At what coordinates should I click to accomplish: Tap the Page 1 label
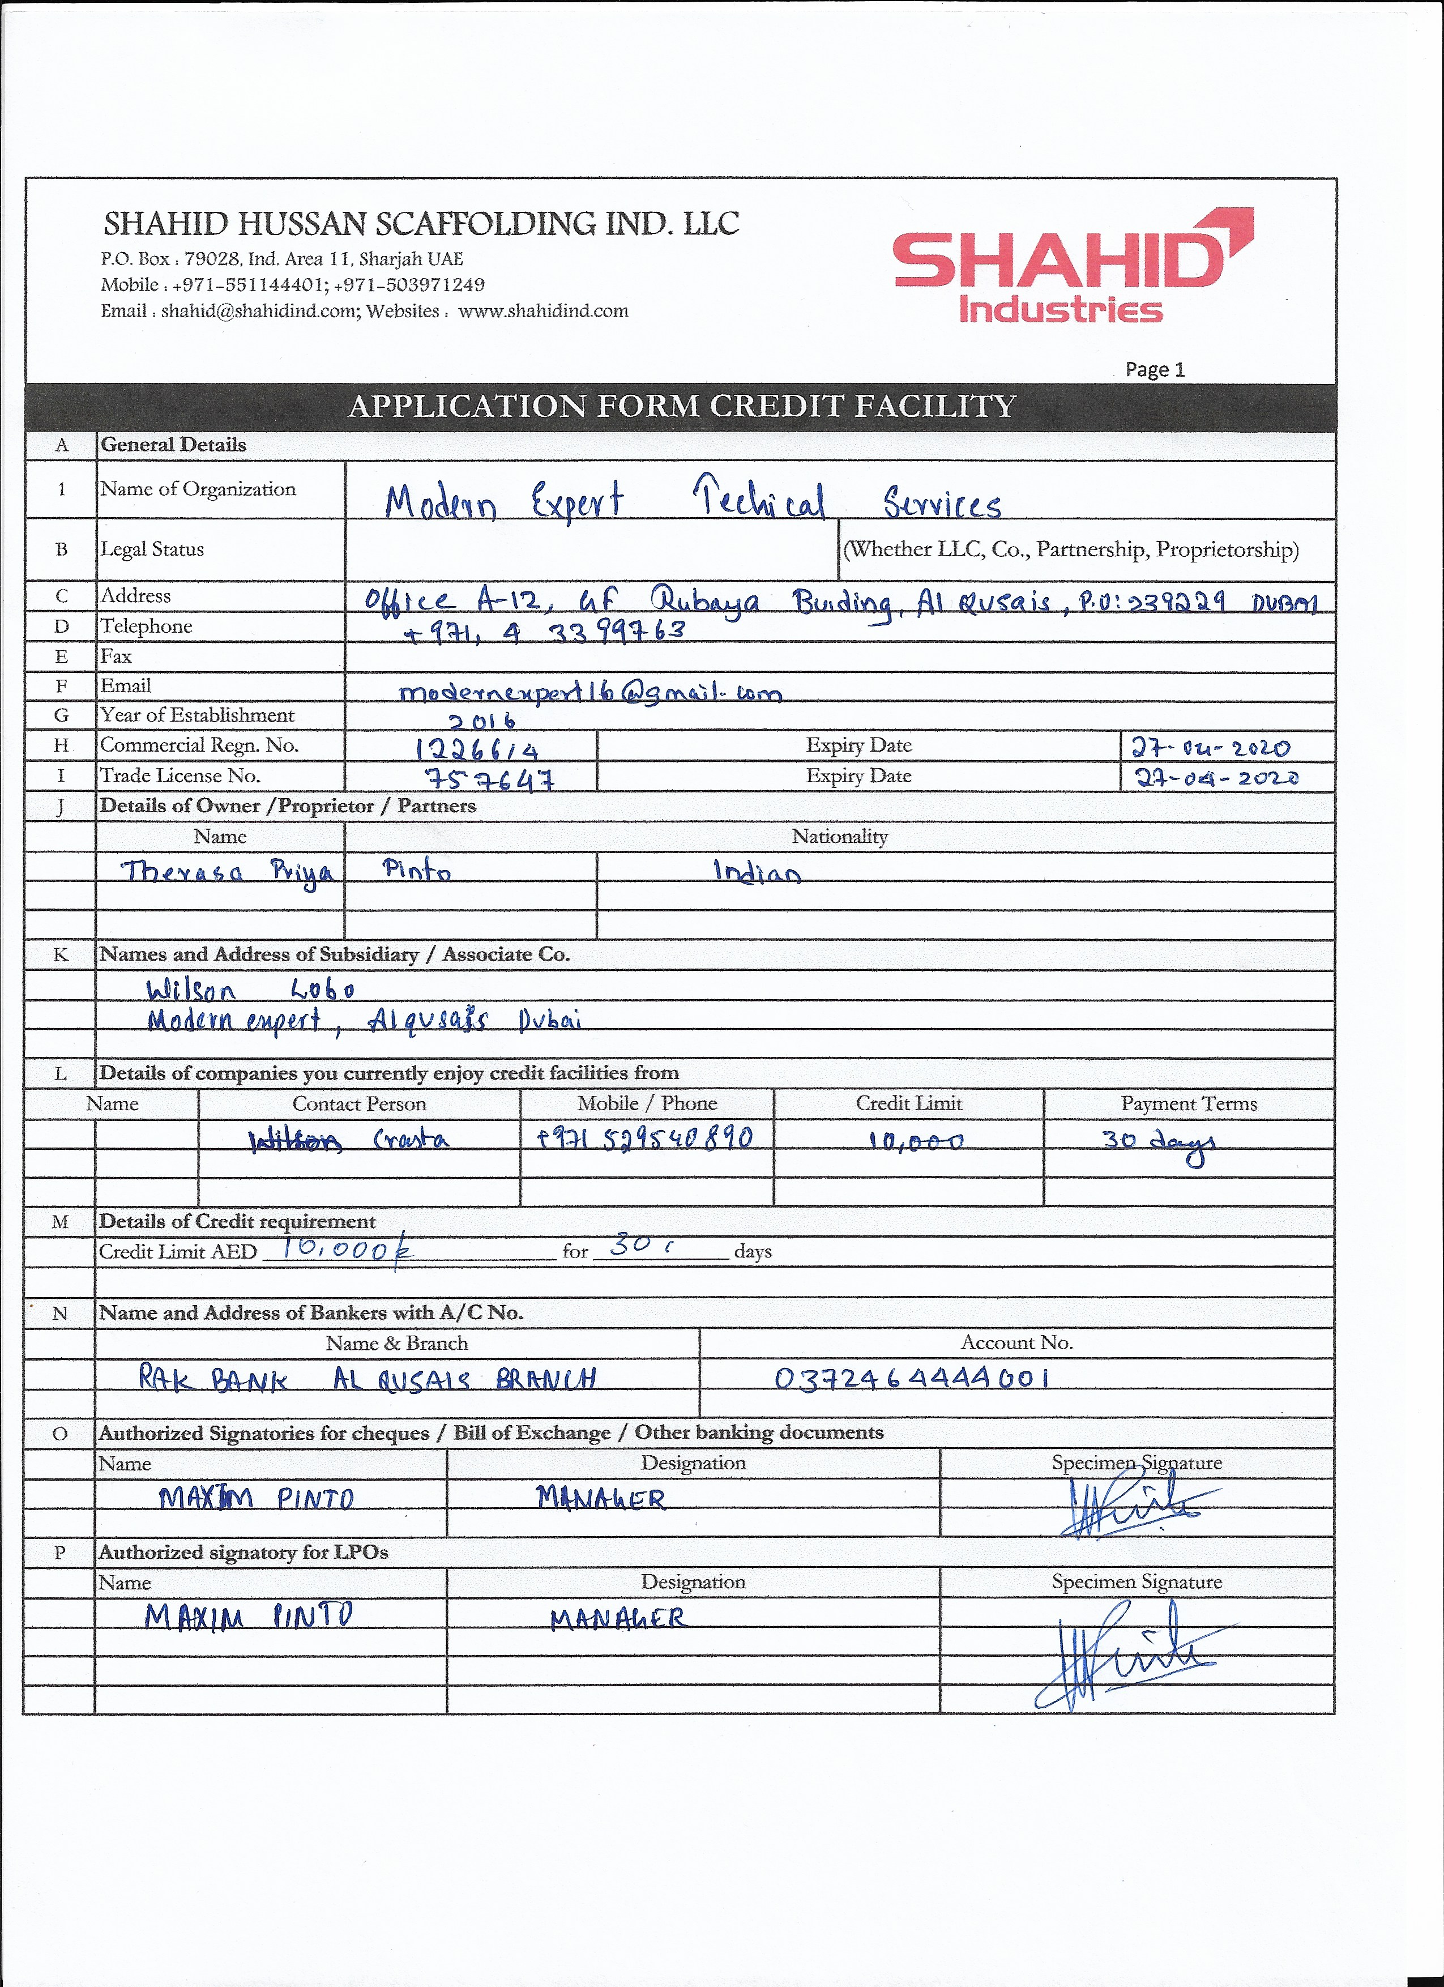[1154, 369]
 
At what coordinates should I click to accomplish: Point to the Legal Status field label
[152, 549]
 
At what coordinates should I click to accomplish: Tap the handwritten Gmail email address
[589, 692]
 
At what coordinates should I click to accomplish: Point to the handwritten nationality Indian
[757, 872]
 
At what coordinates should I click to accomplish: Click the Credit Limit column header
[908, 1103]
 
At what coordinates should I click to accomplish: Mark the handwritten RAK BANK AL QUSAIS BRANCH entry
[368, 1380]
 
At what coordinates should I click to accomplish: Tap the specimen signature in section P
[1130, 1652]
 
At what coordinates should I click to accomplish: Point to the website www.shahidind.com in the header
[543, 311]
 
